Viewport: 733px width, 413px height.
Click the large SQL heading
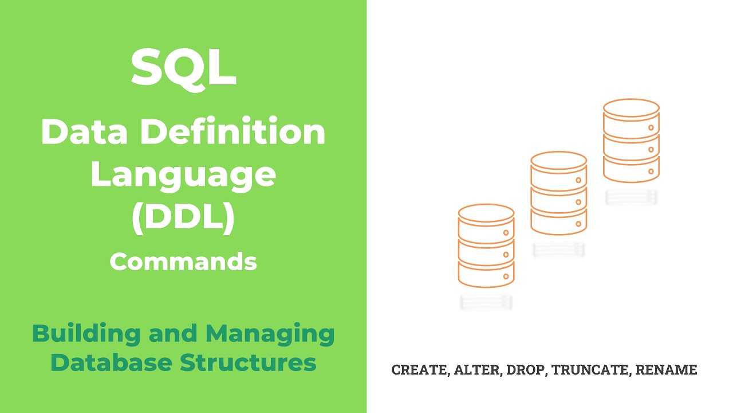(x=183, y=68)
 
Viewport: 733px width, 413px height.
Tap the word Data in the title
(x=77, y=133)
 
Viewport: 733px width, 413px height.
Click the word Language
(x=183, y=176)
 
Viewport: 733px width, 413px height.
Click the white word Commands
(x=183, y=262)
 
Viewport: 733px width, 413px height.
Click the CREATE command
(x=419, y=370)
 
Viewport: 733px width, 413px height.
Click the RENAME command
(x=666, y=370)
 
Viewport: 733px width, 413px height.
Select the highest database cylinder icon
(x=631, y=141)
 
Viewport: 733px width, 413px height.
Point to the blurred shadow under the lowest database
(x=486, y=302)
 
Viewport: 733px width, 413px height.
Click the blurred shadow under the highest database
(x=631, y=197)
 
